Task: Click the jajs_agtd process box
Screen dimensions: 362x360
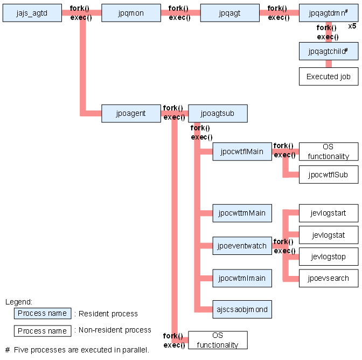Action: [x=32, y=13]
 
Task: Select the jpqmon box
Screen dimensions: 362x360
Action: [x=131, y=13]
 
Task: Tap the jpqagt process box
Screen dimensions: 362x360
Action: [x=230, y=13]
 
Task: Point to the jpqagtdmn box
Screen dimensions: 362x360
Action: [x=329, y=13]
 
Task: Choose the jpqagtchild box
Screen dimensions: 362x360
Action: [x=329, y=51]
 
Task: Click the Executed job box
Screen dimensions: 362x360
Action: [x=329, y=77]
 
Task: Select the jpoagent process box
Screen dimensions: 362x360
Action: [x=131, y=113]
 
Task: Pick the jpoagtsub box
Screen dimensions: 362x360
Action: [x=218, y=113]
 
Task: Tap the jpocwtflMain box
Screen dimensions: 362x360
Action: [x=242, y=151]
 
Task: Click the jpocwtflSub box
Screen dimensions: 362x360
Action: [x=329, y=175]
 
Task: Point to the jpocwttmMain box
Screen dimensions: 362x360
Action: [x=242, y=213]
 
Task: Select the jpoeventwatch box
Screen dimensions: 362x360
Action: [x=242, y=246]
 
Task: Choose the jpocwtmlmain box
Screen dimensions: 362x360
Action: [x=242, y=278]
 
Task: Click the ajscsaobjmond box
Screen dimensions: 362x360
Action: [x=242, y=309]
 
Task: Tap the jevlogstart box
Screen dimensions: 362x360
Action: [x=329, y=213]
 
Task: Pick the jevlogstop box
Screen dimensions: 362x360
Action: [x=329, y=257]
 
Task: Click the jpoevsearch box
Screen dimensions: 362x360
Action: [x=329, y=278]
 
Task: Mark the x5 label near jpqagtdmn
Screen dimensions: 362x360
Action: [x=352, y=26]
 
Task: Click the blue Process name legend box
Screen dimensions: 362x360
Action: [x=43, y=313]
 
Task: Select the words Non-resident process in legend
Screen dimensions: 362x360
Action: [x=115, y=330]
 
